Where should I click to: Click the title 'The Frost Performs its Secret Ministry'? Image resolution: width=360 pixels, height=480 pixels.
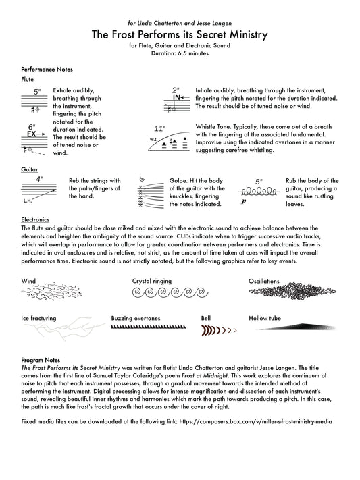pos(180,34)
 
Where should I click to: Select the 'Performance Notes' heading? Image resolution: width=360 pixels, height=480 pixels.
pos(47,69)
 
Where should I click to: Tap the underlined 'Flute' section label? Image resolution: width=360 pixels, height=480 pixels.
pos(27,79)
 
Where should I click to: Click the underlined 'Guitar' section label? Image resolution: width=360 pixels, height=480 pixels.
pos(30,169)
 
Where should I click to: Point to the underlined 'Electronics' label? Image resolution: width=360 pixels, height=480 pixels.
pos(35,220)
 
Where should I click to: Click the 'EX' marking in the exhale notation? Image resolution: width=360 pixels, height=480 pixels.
pos(32,134)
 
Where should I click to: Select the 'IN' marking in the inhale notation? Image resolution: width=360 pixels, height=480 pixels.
pos(176,97)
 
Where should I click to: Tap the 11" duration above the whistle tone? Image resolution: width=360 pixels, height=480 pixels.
pos(159,128)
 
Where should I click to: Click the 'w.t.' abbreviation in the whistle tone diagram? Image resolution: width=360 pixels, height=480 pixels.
pos(153,139)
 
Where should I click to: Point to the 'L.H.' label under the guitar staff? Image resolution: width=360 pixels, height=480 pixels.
pos(28,201)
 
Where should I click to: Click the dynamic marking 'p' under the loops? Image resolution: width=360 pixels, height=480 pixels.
pos(244,201)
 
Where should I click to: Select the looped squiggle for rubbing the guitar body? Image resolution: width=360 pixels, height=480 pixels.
pos(259,192)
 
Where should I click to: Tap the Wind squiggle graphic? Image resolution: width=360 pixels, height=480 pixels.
pos(51,292)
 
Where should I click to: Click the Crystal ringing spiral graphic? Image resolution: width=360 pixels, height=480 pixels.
pos(170,292)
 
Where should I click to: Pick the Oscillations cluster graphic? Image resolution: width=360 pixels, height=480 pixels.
pos(292,291)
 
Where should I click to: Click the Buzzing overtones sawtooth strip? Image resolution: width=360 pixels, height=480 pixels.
pos(149,327)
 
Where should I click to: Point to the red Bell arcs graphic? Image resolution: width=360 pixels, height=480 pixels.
pos(219,330)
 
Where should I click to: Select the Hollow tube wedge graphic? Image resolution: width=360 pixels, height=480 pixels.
pos(297,327)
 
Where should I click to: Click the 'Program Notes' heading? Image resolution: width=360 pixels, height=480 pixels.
pos(41,360)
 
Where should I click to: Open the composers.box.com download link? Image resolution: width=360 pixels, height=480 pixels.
pos(255,421)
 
